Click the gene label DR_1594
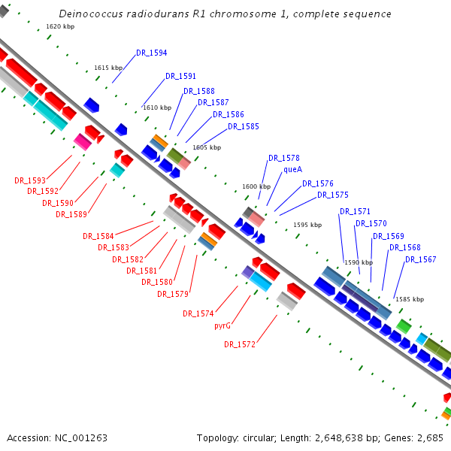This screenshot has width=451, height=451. [x=151, y=53]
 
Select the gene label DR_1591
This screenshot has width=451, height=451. [x=180, y=76]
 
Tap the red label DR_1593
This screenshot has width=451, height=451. [x=30, y=180]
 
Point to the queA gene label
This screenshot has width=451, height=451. [x=292, y=170]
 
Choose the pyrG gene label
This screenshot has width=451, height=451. [x=222, y=326]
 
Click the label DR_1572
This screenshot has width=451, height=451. [x=240, y=344]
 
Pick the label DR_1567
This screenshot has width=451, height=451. [x=420, y=259]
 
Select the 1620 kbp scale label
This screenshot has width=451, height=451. [x=59, y=26]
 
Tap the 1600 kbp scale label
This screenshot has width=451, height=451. [x=256, y=186]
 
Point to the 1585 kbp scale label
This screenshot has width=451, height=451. [x=409, y=299]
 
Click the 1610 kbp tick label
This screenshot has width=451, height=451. [x=157, y=107]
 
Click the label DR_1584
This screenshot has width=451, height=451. [x=98, y=236]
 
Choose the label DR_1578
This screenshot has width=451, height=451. [x=283, y=158]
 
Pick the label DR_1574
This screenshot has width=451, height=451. [x=198, y=313]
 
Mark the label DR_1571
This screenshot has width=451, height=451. [x=355, y=211]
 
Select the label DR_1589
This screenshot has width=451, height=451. [x=71, y=214]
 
